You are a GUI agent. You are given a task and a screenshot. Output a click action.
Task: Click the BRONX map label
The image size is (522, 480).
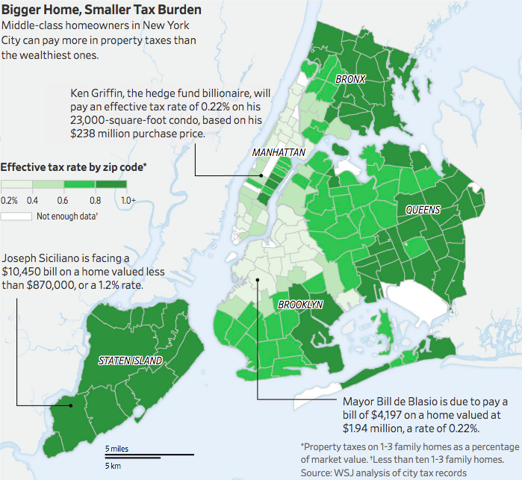click(x=349, y=78)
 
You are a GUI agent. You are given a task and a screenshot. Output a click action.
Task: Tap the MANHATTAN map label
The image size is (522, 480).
click(x=279, y=152)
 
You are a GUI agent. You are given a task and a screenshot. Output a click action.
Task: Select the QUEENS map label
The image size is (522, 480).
click(x=423, y=210)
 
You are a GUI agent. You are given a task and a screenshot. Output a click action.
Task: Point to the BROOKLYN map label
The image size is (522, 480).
click(x=300, y=305)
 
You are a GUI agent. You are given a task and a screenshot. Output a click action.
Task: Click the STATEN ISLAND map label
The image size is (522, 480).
click(x=131, y=361)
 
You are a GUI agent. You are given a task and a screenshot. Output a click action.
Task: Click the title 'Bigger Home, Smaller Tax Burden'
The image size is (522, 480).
click(x=101, y=10)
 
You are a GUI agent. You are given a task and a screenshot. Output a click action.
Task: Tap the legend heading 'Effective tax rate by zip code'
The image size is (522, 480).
click(x=72, y=167)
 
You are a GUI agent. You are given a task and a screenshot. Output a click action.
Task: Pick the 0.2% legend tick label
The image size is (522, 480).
click(x=10, y=200)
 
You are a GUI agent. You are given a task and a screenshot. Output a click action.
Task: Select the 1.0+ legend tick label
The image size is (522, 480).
click(x=128, y=200)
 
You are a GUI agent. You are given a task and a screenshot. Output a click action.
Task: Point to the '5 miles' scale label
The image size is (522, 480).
click(x=117, y=448)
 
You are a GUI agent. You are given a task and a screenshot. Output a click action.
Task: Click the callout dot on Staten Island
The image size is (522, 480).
click(x=71, y=406)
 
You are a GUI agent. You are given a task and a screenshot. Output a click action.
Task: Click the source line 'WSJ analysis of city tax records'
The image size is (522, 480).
click(x=403, y=472)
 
